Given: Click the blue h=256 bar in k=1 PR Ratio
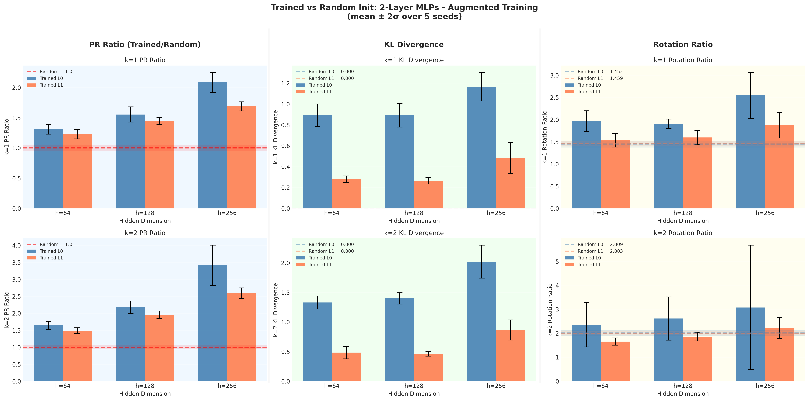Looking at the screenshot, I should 213,148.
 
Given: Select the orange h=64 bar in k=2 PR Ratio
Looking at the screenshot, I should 77,357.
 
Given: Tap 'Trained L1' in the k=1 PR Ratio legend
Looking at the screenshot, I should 51,85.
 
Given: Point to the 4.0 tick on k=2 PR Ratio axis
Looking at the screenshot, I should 16,245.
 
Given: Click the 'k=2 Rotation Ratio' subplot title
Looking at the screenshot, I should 683,233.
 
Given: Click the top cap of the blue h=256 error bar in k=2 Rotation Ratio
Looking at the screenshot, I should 751,245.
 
